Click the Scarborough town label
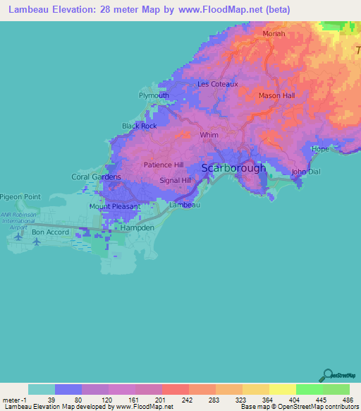tap(234, 168)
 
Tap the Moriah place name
tap(274, 33)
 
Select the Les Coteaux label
tap(218, 83)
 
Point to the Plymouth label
tap(154, 95)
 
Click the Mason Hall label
tap(276, 95)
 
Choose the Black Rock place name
tap(139, 126)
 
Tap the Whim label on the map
tap(209, 135)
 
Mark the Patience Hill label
tap(164, 165)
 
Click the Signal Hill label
tap(176, 180)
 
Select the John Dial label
tap(306, 172)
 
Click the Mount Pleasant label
tap(112, 207)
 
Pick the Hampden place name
tap(137, 230)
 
